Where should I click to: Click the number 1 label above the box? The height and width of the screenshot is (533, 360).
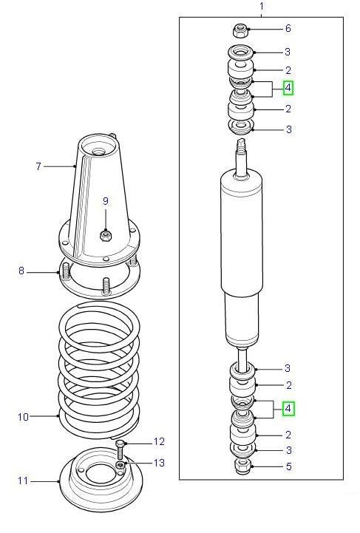pos(261,7)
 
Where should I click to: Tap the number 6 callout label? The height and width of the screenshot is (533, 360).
pos(288,29)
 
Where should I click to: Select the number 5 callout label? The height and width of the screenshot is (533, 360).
pos(288,466)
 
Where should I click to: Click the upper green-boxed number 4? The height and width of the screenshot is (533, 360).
pos(288,88)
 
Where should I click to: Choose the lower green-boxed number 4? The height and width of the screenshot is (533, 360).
pos(288,408)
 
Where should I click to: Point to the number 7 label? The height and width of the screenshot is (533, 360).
pos(38,166)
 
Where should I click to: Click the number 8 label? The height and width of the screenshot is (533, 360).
pos(21,271)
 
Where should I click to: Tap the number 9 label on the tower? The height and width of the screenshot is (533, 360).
pos(105,200)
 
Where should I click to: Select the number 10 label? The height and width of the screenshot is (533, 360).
pos(23,417)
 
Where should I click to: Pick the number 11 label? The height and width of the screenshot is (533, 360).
pos(23,481)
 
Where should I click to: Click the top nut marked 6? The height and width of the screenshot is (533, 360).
pos(241,30)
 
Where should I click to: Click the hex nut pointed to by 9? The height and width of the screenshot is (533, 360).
pos(105,236)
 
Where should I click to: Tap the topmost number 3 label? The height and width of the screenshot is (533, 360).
pos(288,52)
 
